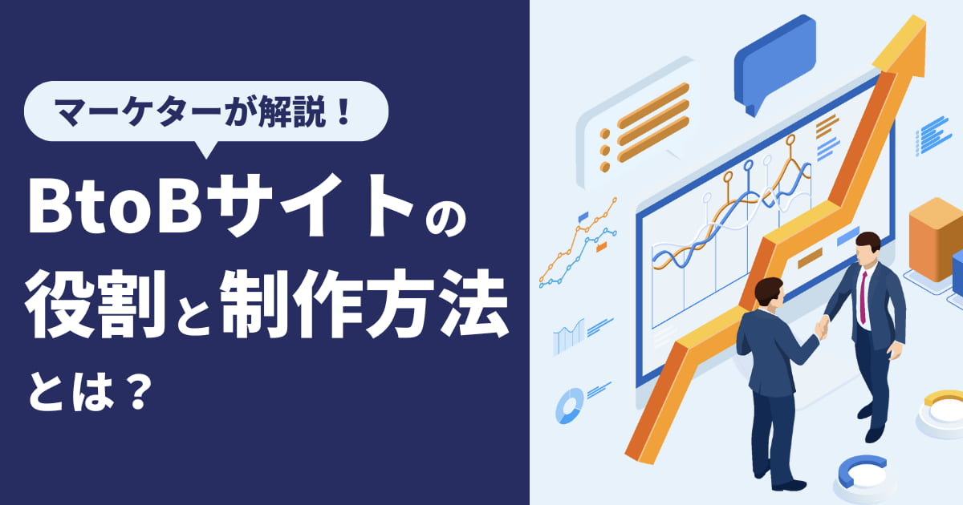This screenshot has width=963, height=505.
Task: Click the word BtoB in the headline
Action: click(116, 207)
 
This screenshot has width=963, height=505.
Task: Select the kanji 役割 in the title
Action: click(95, 304)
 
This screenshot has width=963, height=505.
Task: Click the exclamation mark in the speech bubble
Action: click(343, 111)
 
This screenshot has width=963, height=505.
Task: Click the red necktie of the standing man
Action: click(863, 297)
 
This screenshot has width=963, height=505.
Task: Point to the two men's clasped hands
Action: click(822, 326)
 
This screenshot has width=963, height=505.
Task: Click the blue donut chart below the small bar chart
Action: click(569, 405)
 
